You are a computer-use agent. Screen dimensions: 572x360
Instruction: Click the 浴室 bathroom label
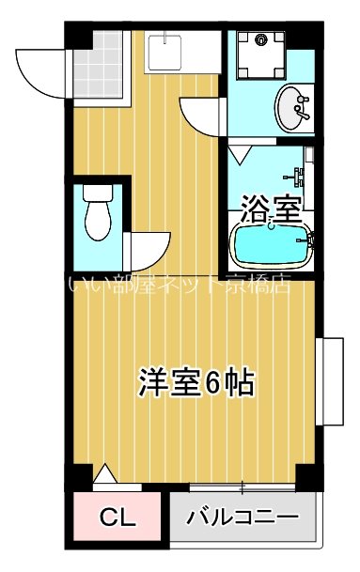(272, 206)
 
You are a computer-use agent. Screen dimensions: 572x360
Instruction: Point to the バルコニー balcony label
(242, 518)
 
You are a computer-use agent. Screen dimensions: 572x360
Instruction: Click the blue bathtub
(272, 248)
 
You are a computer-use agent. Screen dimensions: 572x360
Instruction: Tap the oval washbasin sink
(294, 106)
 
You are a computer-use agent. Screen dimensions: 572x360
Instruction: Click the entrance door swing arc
(39, 66)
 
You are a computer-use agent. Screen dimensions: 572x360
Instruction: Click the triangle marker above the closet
(106, 478)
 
